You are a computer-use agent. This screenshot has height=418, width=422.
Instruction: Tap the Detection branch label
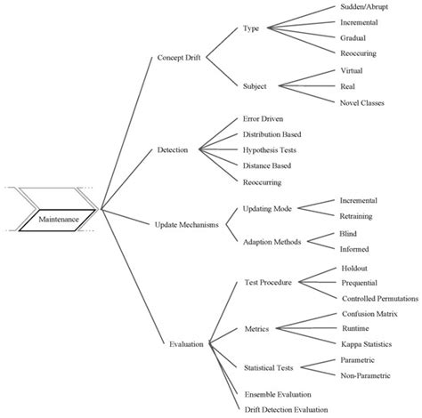coord(172,149)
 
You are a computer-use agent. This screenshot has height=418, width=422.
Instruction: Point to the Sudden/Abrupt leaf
coord(367,7)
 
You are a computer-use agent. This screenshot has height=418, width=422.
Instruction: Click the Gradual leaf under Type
coord(355,38)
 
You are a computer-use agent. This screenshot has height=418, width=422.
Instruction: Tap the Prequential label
coord(361,282)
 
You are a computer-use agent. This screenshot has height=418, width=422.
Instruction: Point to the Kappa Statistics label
coord(371,342)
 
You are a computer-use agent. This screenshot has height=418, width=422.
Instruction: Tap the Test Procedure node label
coord(270,282)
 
